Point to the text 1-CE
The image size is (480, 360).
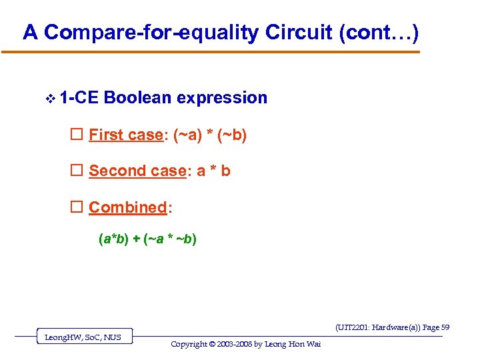point(78,98)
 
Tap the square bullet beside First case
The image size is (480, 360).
point(76,135)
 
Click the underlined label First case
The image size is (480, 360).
point(126,135)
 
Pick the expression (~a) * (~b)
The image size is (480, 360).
point(210,135)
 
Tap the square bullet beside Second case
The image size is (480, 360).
point(76,171)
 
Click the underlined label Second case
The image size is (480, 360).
point(137,171)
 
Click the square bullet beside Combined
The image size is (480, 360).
point(76,208)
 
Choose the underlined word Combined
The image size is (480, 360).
point(127,208)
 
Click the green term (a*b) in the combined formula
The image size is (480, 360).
point(114,239)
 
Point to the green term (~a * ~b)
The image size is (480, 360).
point(169,239)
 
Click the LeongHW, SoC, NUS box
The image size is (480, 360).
point(83,337)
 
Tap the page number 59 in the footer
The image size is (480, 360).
point(445,327)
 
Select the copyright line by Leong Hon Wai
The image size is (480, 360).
point(246,344)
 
